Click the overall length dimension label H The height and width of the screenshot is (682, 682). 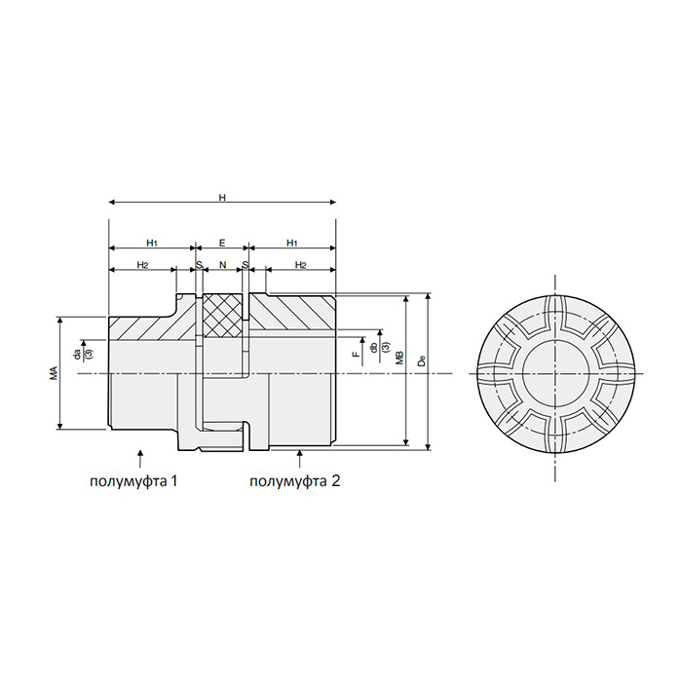(222, 198)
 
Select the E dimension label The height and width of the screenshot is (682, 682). (222, 242)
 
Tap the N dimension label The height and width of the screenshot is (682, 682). (222, 265)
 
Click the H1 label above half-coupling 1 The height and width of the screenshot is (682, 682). (152, 242)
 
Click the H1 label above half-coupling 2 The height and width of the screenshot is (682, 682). (292, 242)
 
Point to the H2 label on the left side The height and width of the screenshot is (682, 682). (142, 265)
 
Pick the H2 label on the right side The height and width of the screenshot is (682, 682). (301, 265)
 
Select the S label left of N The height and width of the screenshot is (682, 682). (199, 265)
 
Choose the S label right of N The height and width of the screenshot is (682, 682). (246, 265)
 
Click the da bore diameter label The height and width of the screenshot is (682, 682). (78, 350)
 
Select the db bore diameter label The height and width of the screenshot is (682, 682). (374, 346)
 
